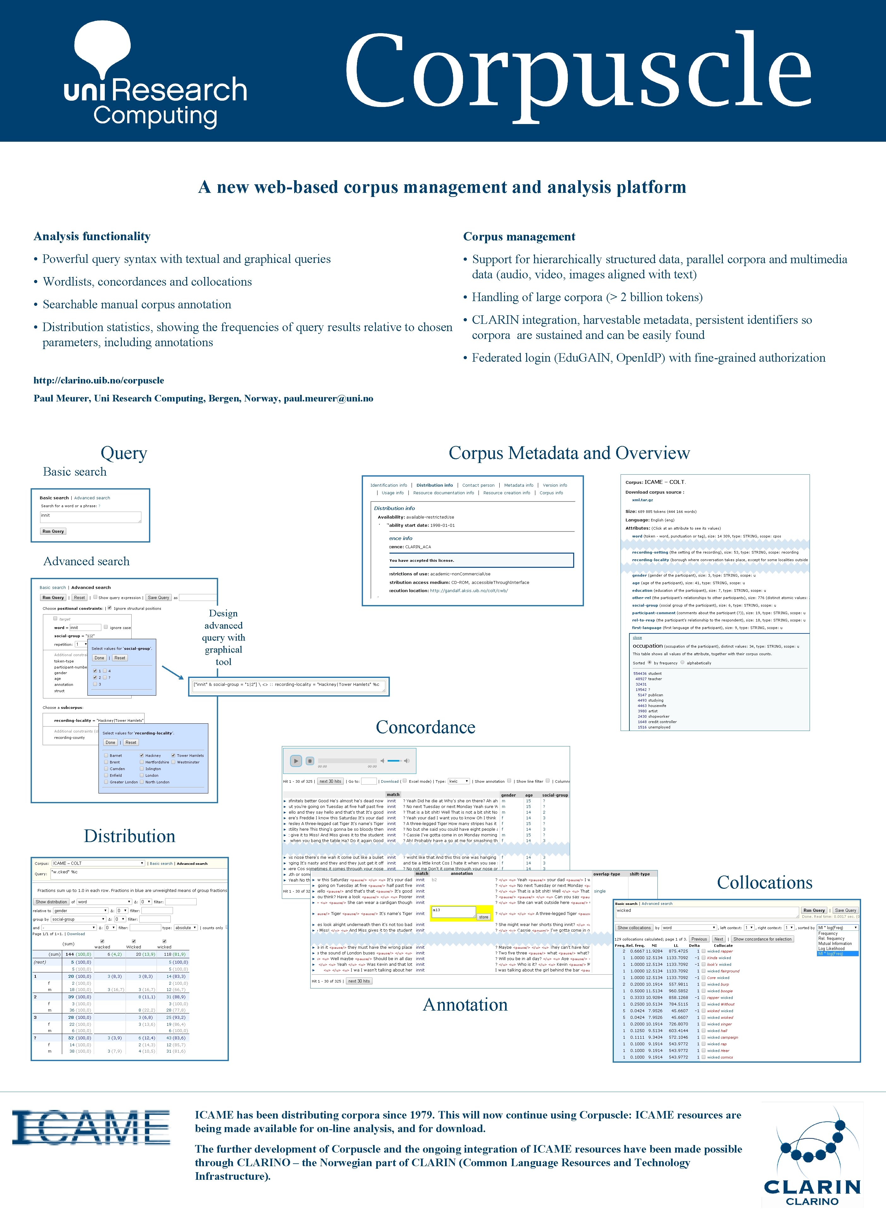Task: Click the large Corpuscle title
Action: (x=577, y=71)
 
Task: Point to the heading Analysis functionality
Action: (x=92, y=237)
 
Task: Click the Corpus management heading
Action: (x=519, y=237)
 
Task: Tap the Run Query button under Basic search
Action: (x=53, y=531)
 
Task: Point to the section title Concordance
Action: (x=425, y=727)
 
